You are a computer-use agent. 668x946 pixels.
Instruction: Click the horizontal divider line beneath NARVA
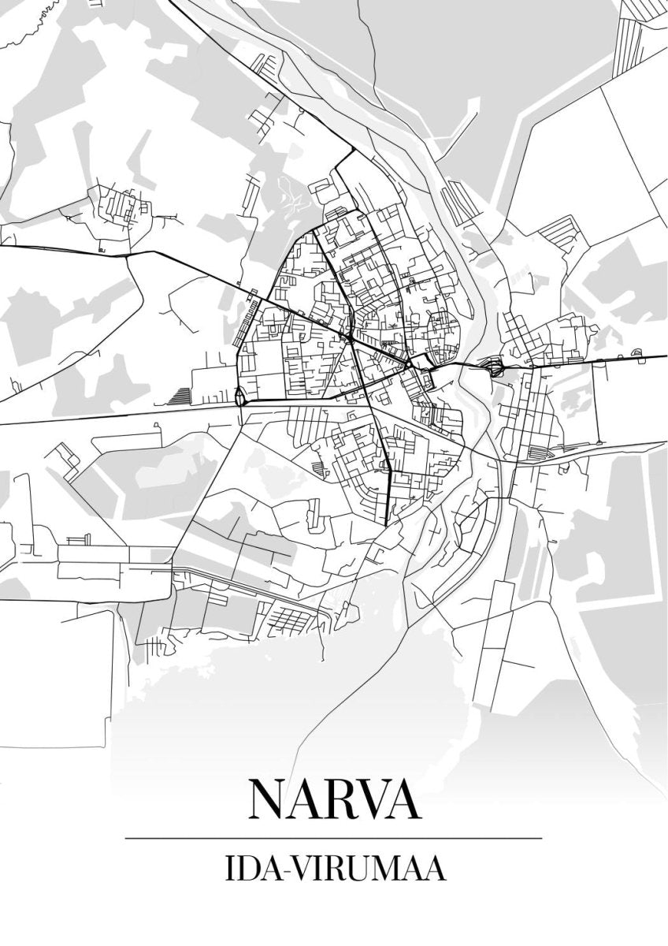[334, 837]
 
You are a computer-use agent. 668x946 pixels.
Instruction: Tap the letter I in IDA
[228, 870]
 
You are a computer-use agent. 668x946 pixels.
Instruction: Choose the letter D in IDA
[243, 870]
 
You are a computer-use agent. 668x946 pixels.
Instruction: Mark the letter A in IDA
[265, 870]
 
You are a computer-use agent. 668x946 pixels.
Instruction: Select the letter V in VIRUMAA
[298, 870]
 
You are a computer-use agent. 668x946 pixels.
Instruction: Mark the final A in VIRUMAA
[430, 870]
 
